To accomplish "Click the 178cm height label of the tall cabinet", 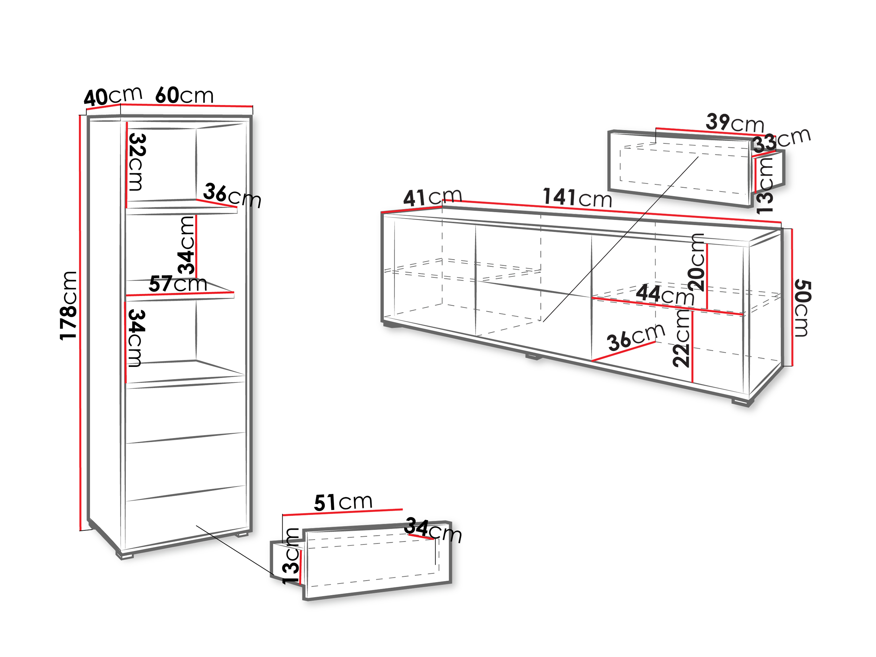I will coord(68,305).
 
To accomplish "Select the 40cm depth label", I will coord(113,96).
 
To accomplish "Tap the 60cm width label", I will coord(184,95).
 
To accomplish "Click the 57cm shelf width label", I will coord(178,284).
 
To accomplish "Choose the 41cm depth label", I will coord(432,197).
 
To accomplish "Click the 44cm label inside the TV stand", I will coord(665,294).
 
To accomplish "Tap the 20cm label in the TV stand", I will coord(696,262).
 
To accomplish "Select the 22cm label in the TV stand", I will coord(682,339).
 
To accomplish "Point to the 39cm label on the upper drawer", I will coord(735,123).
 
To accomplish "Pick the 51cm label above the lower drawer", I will coord(343,502).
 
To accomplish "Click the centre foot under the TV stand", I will coord(533,357).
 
